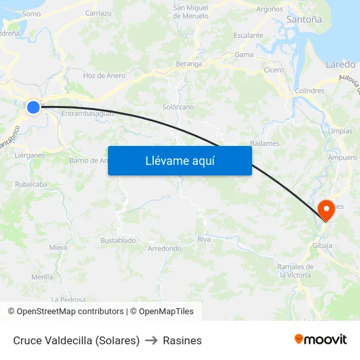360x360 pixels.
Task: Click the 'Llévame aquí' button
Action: point(179,160)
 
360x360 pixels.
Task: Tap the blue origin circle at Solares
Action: point(33,107)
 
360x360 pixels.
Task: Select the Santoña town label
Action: point(304,20)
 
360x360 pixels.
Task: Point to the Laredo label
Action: point(340,65)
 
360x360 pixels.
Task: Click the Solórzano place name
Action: point(178,106)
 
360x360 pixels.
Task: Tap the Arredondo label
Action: point(164,249)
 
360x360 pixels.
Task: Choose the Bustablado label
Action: point(118,240)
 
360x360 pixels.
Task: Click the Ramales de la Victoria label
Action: point(295,270)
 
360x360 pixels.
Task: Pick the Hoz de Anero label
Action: point(104,75)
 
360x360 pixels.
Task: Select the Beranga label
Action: point(189,64)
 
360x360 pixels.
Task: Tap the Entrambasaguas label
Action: point(88,113)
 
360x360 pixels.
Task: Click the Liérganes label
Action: point(29,155)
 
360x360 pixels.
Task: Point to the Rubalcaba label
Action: point(31,185)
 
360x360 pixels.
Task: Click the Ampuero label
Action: point(342,158)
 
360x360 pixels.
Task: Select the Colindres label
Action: point(310,91)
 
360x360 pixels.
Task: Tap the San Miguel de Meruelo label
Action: point(190,12)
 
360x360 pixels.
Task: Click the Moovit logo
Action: point(321,340)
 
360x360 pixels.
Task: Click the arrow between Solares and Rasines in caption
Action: point(151,340)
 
